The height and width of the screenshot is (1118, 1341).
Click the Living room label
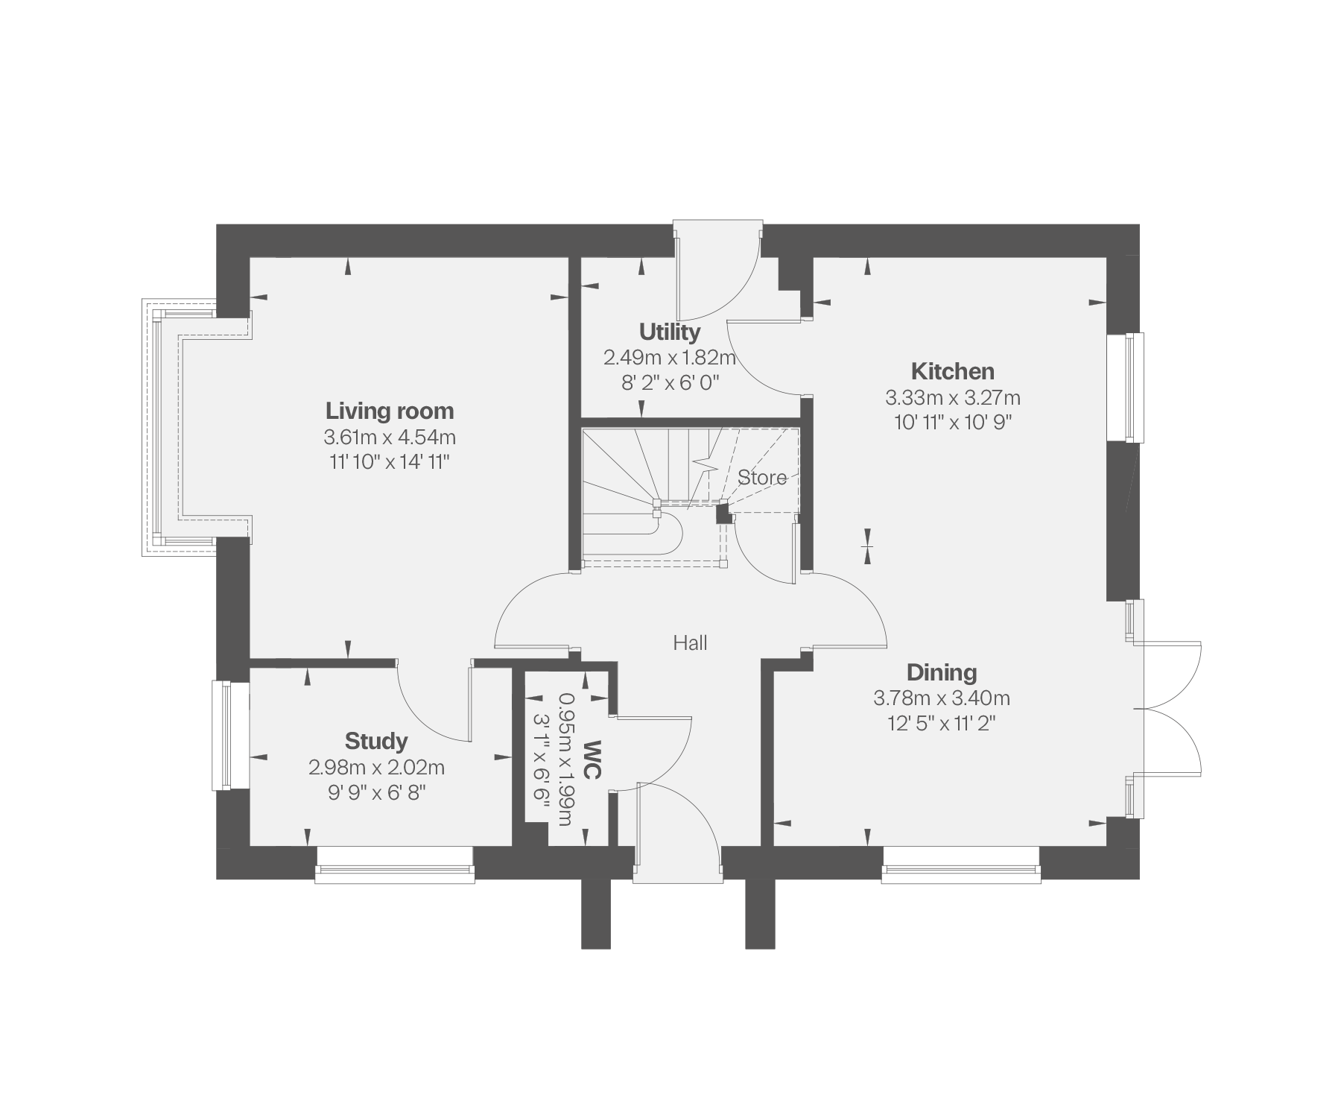pos(390,411)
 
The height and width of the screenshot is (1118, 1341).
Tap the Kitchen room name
pos(953,371)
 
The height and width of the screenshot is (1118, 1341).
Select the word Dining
pos(942,672)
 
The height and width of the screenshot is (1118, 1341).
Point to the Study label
pos(376,741)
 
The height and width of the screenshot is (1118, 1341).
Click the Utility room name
pos(670,332)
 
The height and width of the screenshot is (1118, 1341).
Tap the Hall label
pos(691,642)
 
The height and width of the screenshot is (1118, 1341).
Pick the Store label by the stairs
pos(762,478)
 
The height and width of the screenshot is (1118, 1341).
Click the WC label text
pos(592,759)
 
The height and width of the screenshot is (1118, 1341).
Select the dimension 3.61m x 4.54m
pos(390,437)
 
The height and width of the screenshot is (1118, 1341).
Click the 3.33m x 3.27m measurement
pos(953,397)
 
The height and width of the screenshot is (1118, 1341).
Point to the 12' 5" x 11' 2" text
pos(942,724)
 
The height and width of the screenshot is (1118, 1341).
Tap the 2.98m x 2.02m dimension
pos(376,767)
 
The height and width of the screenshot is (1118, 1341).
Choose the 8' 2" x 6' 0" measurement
pos(670,383)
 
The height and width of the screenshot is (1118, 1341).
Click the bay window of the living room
pos(160,428)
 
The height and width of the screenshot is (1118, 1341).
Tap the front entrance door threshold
pos(678,865)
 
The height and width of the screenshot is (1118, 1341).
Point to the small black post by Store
pos(723,514)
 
